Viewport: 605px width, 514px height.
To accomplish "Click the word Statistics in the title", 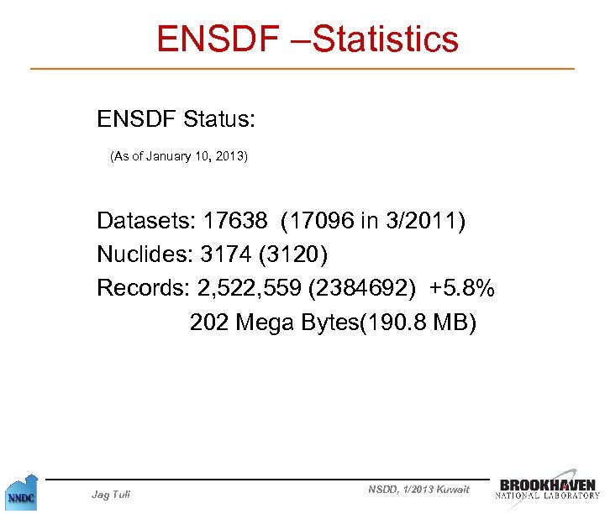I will [x=387, y=39].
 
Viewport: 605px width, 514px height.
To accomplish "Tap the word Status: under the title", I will [x=218, y=119].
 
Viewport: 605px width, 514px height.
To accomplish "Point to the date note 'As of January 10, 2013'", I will [x=179, y=156].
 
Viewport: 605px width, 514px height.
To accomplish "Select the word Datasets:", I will [x=145, y=221].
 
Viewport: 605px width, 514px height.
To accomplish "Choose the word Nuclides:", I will [x=145, y=254].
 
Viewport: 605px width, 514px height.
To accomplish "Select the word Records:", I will [x=143, y=288].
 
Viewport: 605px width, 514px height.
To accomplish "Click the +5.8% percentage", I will [x=461, y=288].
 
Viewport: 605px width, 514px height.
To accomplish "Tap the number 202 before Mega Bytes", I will [x=209, y=322].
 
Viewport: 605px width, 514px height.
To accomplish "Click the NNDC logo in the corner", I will [x=20, y=495].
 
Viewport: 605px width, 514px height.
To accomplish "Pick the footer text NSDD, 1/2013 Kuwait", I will [x=418, y=490].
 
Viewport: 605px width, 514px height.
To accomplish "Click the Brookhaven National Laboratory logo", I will [x=548, y=489].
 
